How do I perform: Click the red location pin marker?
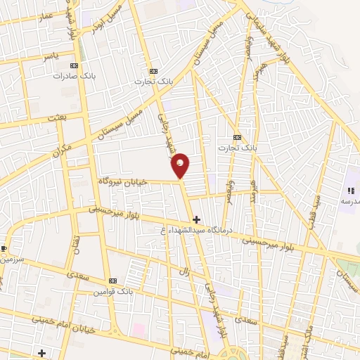tap(181, 165)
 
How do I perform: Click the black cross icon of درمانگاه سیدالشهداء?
tap(196, 220)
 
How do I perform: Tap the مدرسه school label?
tap(349, 200)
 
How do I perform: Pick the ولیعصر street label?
tap(248, 42)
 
